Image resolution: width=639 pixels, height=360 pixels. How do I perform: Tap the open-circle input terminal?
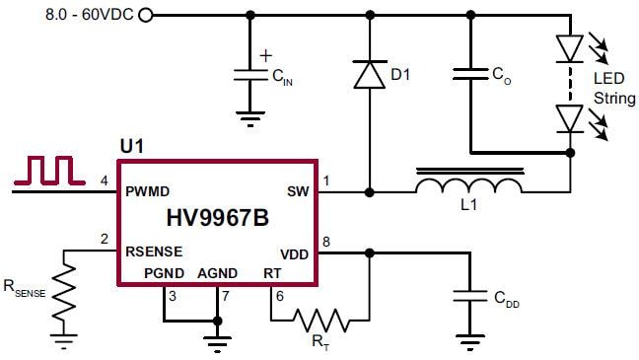(146, 15)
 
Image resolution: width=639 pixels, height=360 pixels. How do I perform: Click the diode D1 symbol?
(370, 75)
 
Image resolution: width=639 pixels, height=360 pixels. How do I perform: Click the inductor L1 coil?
(468, 186)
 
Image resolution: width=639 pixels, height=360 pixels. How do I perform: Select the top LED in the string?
(570, 46)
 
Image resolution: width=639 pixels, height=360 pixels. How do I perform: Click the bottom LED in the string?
(570, 118)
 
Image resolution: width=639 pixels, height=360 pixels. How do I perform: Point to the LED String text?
(608, 88)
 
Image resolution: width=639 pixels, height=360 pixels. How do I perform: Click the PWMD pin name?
(149, 190)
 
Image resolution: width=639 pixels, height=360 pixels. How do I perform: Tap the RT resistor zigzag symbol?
(319, 319)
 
